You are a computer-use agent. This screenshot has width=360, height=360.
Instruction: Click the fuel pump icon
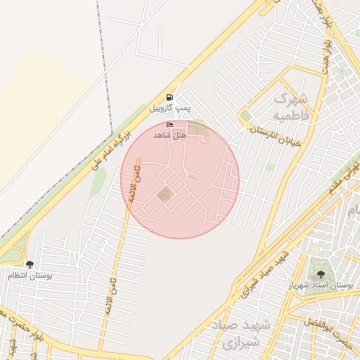[x=169, y=98]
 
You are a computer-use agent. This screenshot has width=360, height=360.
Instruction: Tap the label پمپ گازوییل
[x=169, y=109]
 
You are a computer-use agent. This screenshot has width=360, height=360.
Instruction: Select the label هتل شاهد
[x=169, y=134]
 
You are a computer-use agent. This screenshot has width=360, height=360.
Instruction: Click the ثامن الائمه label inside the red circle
[x=131, y=181]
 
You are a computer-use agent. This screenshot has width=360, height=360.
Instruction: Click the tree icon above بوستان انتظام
[x=30, y=264]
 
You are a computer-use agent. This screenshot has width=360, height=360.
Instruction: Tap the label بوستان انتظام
[x=30, y=276]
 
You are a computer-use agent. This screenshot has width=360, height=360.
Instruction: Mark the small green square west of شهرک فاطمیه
[x=246, y=115]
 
